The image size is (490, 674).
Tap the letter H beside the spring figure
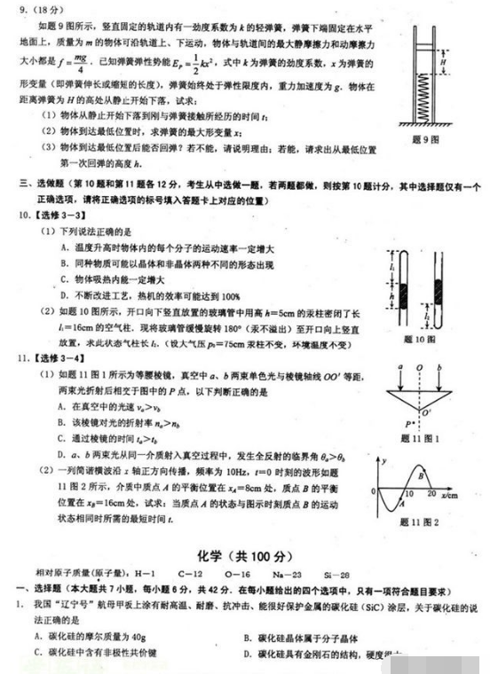(443, 61)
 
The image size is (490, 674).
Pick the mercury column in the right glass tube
(439, 293)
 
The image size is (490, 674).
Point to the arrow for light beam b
(436, 377)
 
